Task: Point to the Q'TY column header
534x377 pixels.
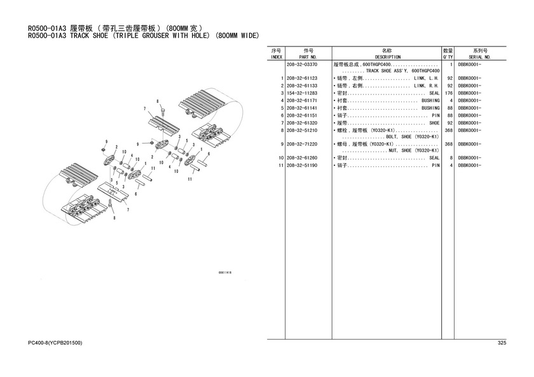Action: point(448,56)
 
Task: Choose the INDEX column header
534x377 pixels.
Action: point(276,56)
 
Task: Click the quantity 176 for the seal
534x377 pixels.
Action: point(448,93)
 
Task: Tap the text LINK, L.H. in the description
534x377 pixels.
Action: point(426,78)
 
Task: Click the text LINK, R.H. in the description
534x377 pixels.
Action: point(426,85)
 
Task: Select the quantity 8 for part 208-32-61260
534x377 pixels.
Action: point(450,158)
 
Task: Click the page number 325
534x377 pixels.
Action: point(501,343)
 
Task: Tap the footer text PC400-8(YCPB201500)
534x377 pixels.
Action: point(55,343)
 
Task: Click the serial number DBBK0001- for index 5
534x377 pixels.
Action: point(470,108)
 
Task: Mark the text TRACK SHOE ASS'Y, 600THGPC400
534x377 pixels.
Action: point(399,71)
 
